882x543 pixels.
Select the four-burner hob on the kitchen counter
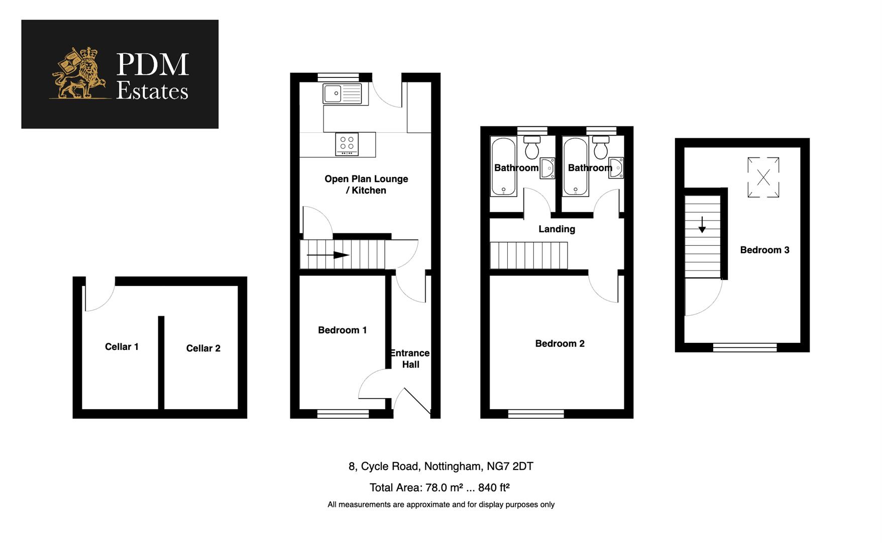[347, 144]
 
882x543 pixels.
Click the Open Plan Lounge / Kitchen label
[366, 185]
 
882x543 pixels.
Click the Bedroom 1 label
[342, 330]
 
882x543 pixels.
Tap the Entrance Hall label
[410, 358]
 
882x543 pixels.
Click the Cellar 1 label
[122, 347]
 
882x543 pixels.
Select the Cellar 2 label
[203, 348]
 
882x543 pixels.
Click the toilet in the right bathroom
[600, 147]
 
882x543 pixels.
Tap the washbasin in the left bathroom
[547, 168]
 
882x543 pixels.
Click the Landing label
[557, 229]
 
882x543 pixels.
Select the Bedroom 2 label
[560, 344]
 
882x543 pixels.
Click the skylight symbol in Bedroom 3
[763, 177]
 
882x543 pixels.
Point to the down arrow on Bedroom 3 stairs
[702, 225]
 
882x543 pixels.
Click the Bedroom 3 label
[764, 250]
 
